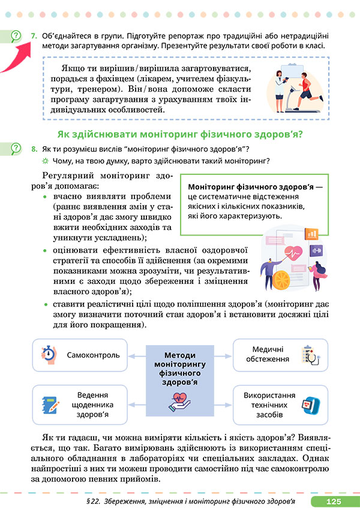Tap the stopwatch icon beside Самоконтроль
point(48,354)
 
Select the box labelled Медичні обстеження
point(280,354)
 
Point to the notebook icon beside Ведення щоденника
point(49,403)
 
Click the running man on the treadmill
point(306,90)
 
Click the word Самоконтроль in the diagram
point(93,355)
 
